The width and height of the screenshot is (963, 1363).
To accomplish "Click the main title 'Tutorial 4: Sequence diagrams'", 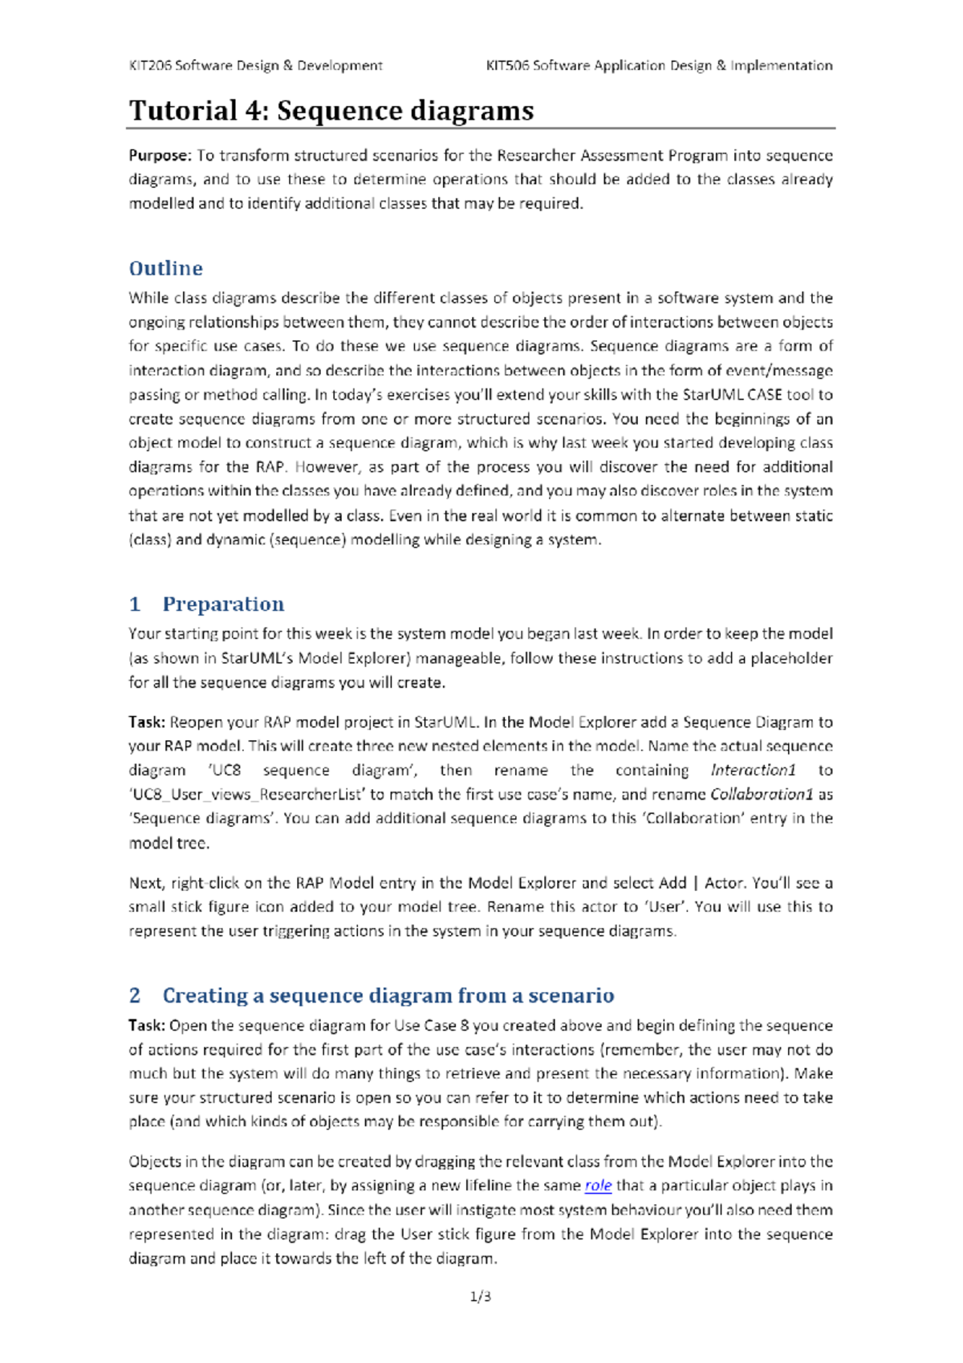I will (x=331, y=111).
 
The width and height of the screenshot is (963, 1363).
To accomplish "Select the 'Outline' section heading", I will (x=166, y=268).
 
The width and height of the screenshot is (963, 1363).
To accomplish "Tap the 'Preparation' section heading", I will (x=223, y=604).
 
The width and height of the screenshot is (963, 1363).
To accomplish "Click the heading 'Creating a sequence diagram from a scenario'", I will (x=388, y=995).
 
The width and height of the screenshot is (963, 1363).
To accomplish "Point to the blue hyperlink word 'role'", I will (x=598, y=1186).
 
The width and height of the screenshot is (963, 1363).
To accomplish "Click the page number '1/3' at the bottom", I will (x=481, y=1296).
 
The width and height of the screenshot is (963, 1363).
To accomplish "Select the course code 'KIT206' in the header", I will (x=150, y=66).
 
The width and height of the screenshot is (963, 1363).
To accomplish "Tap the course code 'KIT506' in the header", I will (x=508, y=66).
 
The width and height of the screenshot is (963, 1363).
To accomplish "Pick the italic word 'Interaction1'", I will (x=754, y=771).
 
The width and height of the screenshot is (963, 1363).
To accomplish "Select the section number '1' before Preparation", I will (x=135, y=604).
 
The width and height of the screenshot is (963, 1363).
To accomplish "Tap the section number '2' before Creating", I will (x=135, y=995).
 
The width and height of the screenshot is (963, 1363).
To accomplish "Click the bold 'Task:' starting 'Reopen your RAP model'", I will (x=147, y=722).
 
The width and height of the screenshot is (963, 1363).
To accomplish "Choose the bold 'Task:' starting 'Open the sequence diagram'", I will (x=147, y=1026).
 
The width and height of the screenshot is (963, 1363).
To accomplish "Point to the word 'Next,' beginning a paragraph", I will (x=147, y=883).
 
